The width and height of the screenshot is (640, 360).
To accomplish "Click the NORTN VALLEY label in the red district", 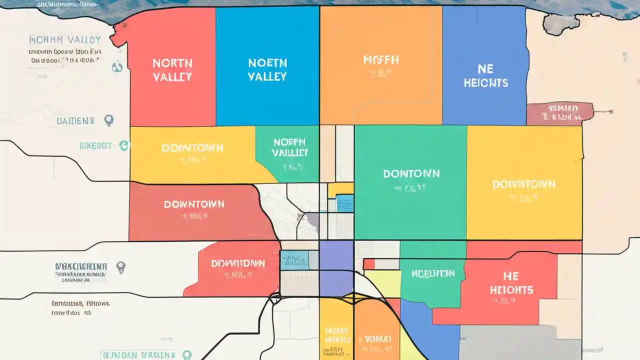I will point(172,70).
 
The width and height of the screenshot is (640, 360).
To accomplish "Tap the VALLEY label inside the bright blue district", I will point(267,76).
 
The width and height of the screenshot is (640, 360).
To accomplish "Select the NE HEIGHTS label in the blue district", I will point(485,76).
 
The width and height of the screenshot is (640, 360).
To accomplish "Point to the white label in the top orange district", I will point(381,60).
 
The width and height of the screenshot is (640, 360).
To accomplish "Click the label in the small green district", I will point(290,147).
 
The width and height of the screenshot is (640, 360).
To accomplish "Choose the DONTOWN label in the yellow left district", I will point(192,148).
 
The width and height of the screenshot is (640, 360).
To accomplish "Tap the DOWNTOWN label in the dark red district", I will point(194,204).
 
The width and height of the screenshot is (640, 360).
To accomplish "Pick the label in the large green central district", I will point(411,174).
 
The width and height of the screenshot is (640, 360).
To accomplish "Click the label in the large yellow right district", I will point(523,184).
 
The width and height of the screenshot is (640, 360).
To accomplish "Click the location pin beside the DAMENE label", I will point(108,120).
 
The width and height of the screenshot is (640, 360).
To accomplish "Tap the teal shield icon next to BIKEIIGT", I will point(123,145).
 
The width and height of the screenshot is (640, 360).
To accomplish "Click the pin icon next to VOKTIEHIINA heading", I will point(120,267).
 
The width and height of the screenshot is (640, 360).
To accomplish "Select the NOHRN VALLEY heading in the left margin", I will point(65,39).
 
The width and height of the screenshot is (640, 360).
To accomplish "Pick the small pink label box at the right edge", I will point(560,113).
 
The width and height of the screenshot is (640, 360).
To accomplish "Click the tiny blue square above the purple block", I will point(345,203).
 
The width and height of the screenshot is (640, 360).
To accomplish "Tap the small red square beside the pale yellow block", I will point(368,264).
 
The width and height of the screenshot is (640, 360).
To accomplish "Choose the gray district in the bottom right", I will point(520,342).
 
